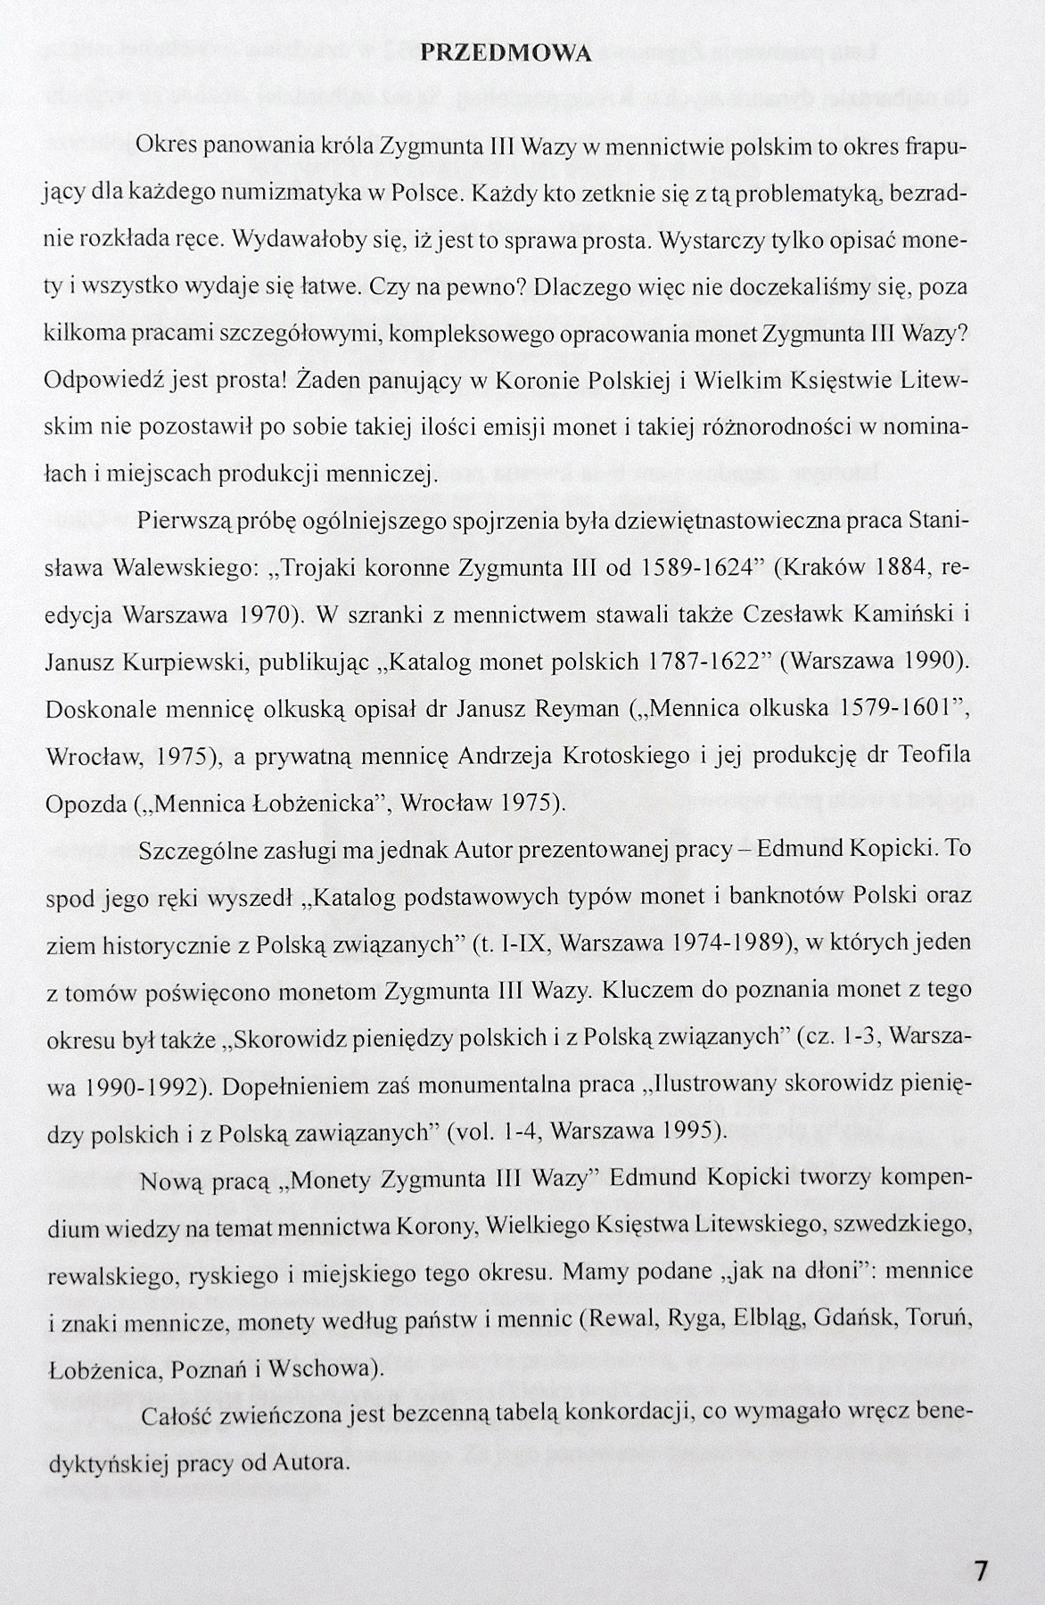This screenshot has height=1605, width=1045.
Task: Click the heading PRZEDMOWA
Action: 505,53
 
